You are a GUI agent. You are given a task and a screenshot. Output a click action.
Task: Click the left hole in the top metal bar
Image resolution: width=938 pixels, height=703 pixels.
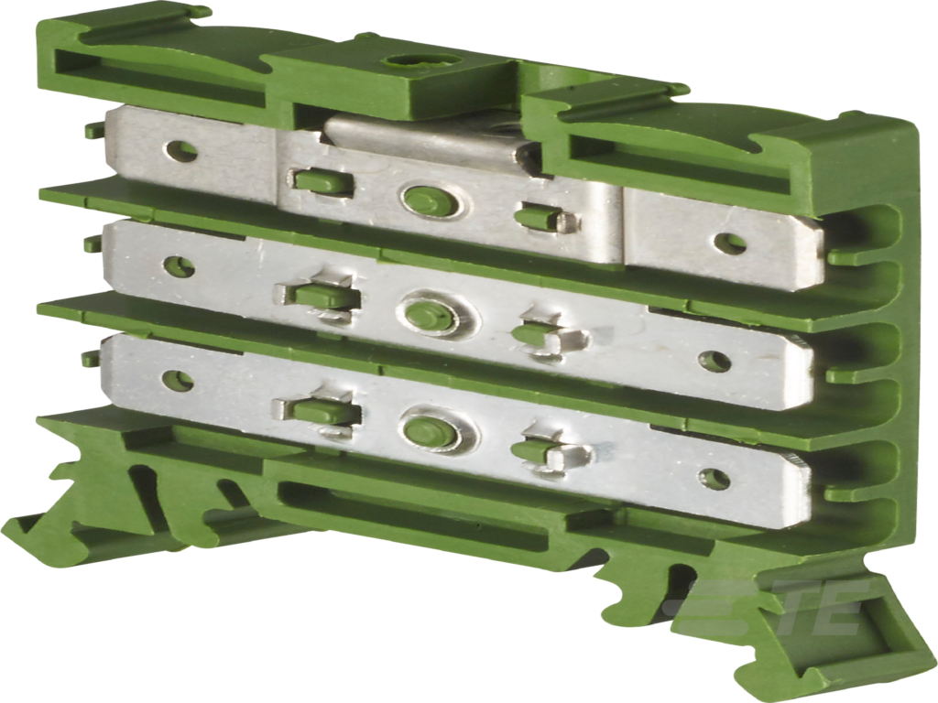click(x=181, y=151)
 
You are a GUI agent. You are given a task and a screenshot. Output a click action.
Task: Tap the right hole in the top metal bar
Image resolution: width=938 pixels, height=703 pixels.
click(x=729, y=243)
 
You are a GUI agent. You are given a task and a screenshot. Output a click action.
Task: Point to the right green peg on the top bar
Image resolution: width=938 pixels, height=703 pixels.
click(x=540, y=219)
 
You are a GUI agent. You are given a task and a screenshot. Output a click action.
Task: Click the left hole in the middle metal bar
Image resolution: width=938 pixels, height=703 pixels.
click(x=178, y=266)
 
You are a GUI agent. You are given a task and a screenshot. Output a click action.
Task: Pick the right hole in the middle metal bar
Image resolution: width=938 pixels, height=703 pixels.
click(x=714, y=361)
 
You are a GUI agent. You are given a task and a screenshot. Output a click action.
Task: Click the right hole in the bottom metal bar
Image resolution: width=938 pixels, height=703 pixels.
click(x=714, y=479)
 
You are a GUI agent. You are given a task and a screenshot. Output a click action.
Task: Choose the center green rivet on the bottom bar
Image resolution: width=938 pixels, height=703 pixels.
click(x=429, y=431)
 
